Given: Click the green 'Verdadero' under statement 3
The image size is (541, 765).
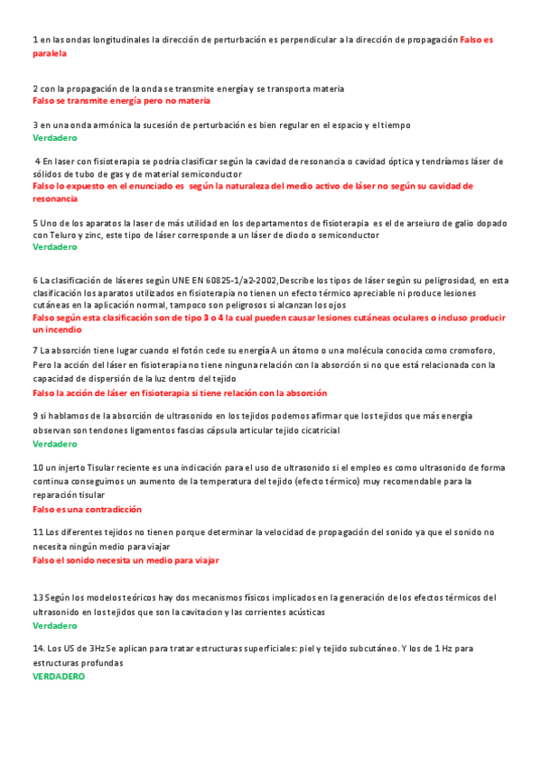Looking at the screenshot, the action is coord(54,138).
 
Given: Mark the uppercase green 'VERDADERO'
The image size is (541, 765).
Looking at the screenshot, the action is coord(59,676).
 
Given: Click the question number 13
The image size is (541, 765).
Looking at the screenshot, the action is coord(38,598).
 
